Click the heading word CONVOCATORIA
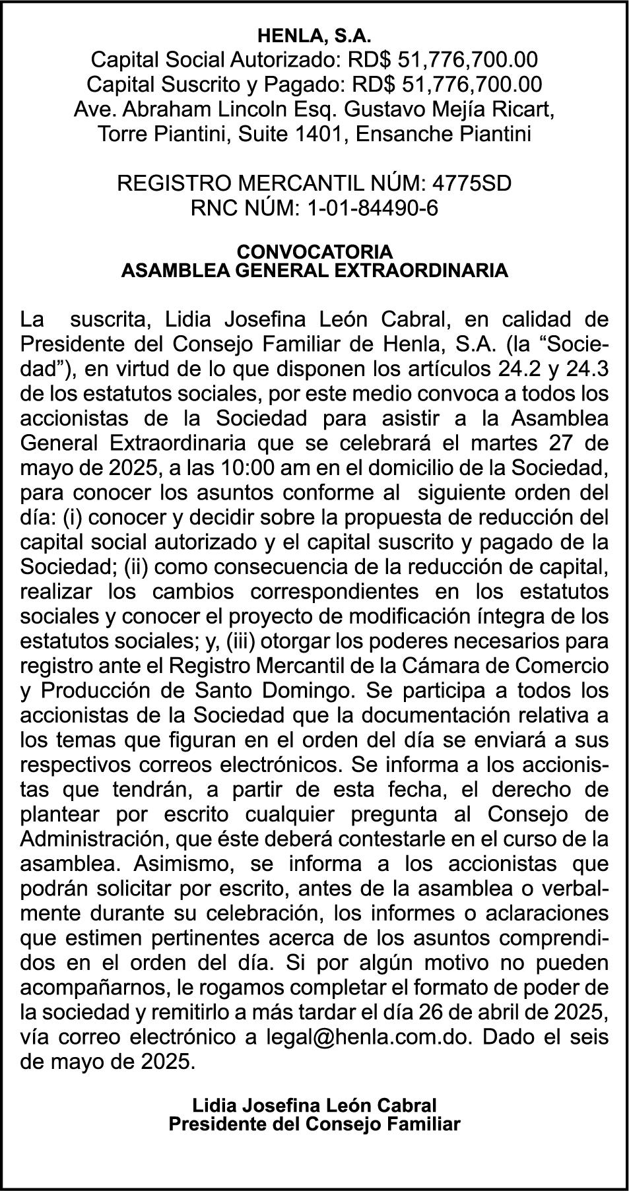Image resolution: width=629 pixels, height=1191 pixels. click(314, 252)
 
